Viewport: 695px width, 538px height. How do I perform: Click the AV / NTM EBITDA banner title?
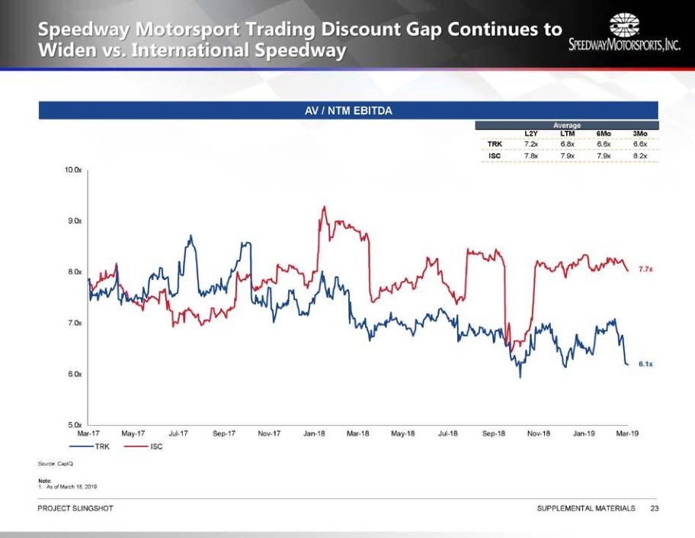(x=348, y=111)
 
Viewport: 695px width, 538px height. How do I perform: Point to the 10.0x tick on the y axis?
(x=73, y=169)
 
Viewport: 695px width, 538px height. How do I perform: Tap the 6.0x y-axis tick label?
(x=73, y=374)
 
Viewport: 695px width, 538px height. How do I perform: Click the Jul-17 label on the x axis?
(x=178, y=433)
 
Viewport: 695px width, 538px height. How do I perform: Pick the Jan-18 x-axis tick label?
(x=314, y=433)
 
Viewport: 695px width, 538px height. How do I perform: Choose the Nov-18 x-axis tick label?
(x=539, y=433)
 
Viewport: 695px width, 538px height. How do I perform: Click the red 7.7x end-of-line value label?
(x=645, y=270)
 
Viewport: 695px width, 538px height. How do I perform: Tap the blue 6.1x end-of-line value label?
(x=645, y=365)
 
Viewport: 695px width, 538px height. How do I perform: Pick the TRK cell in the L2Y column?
(x=531, y=143)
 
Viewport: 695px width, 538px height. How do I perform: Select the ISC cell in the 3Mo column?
(x=640, y=156)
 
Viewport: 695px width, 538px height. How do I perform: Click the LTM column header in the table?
(x=567, y=134)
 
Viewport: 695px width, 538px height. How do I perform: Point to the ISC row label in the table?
(x=495, y=156)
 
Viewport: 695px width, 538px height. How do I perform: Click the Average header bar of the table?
(x=567, y=125)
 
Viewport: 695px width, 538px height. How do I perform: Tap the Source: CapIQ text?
(x=56, y=464)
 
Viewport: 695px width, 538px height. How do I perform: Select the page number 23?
(x=654, y=508)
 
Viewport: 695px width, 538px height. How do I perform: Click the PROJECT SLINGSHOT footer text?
(x=75, y=508)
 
